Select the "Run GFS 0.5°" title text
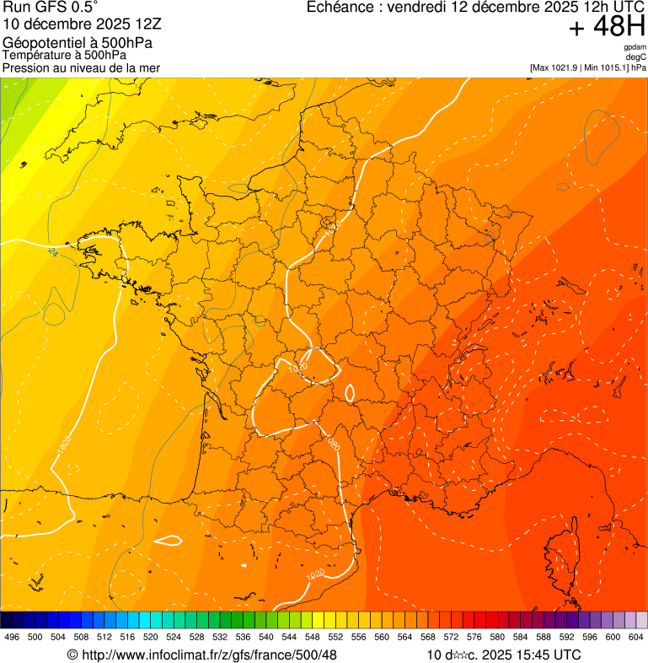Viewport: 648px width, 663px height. click(51, 8)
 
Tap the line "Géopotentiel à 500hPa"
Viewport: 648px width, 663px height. click(78, 43)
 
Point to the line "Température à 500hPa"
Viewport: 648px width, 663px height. click(65, 56)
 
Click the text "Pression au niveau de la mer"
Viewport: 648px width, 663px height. click(81, 67)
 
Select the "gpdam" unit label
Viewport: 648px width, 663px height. click(635, 47)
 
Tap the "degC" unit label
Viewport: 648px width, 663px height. click(636, 57)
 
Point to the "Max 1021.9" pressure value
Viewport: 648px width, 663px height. click(556, 67)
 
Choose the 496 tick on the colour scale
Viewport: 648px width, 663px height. click(12, 638)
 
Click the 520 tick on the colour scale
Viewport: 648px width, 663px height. click(151, 638)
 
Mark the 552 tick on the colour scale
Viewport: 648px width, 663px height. click(335, 638)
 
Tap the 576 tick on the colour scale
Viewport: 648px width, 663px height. click(474, 638)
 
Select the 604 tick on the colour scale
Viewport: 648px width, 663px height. click(636, 638)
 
